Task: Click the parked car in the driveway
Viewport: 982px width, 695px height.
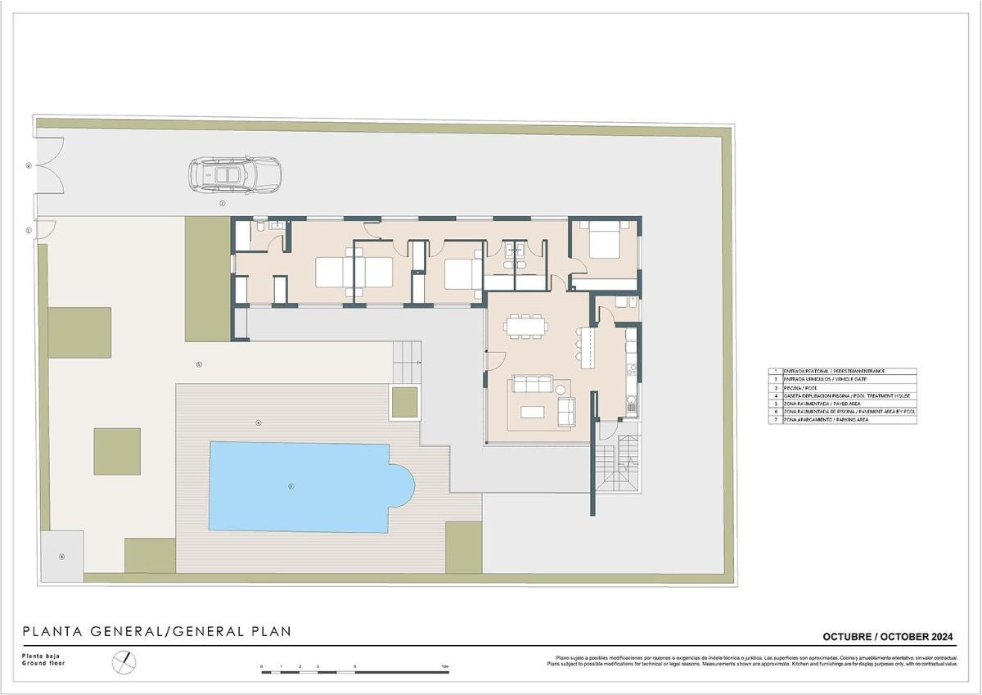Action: tap(235, 174)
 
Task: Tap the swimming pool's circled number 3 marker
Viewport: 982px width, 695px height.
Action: tap(291, 486)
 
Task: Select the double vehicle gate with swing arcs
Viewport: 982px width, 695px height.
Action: tap(47, 165)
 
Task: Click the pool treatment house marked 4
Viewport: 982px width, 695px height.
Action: tap(61, 556)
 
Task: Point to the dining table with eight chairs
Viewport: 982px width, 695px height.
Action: tap(525, 327)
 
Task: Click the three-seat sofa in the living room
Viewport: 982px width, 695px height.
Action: tap(532, 384)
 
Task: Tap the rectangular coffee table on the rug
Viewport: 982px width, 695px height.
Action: tap(534, 410)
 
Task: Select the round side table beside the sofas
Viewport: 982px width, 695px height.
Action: tap(561, 390)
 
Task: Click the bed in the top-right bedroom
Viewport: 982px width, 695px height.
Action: tap(605, 242)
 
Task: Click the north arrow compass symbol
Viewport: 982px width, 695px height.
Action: tap(124, 661)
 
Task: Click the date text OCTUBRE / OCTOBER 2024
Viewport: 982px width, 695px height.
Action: tap(888, 637)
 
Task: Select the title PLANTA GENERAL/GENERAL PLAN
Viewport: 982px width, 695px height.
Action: tap(156, 631)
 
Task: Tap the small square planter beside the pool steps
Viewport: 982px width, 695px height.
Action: tap(405, 401)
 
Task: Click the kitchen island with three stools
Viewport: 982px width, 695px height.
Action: tap(585, 348)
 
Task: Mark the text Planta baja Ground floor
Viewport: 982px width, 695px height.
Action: tap(43, 660)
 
